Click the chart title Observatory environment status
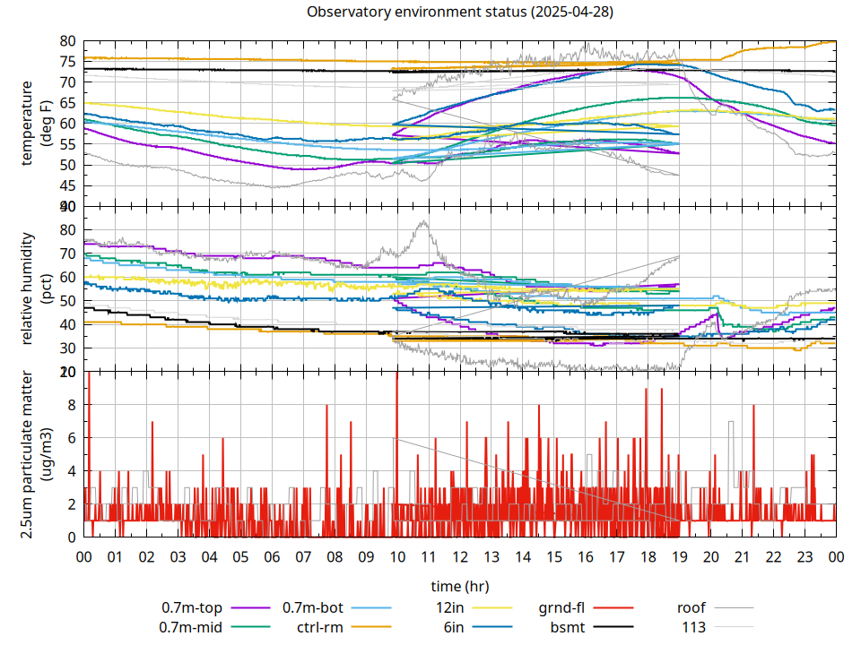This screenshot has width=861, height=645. pos(460,13)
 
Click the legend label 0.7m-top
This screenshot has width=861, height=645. pos(190,606)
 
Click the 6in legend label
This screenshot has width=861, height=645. pos(454,626)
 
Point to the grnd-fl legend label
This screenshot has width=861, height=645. pos(562,606)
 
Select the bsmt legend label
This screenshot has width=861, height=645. pos(568,626)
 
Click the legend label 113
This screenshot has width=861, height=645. pos(694,626)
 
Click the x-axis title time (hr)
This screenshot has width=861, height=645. pos(460,586)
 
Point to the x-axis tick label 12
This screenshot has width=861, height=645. pos(460,555)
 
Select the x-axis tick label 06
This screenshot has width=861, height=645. pos(272,555)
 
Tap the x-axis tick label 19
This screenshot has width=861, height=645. pos(679,555)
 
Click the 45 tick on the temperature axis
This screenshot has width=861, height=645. pos(68,186)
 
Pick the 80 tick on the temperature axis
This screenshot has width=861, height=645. pos(68,41)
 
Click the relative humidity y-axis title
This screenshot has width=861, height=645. pos(29,288)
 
